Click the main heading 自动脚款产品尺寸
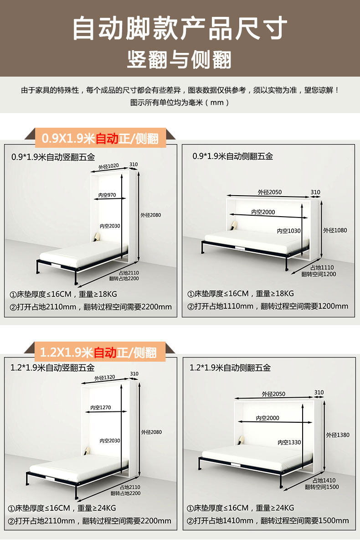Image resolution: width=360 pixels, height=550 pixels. click(180, 28)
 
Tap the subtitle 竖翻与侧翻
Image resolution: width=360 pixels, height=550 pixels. click(180, 60)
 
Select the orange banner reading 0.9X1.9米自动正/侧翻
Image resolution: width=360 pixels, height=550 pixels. click(100, 138)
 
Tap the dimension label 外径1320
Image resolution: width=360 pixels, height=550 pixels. click(104, 378)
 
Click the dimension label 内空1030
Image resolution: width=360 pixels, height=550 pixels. click(289, 231)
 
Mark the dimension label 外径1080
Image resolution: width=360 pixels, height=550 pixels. click(335, 230)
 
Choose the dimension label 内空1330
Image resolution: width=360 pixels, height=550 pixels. click(289, 442)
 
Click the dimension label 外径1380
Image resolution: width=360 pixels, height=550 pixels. click(338, 435)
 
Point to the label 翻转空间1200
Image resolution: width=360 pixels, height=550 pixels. click(319, 274)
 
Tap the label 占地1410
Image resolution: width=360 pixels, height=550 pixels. click(324, 480)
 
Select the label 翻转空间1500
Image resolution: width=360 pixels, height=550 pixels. click(322, 487)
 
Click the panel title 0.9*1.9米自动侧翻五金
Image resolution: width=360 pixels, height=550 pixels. click(232, 156)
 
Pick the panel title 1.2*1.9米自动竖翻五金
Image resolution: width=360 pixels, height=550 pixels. click(52, 368)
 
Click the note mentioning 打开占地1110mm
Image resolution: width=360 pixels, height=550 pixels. click(267, 306)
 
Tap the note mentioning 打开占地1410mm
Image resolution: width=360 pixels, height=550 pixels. click(268, 520)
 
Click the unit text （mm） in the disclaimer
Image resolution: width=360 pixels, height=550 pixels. click(217, 102)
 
